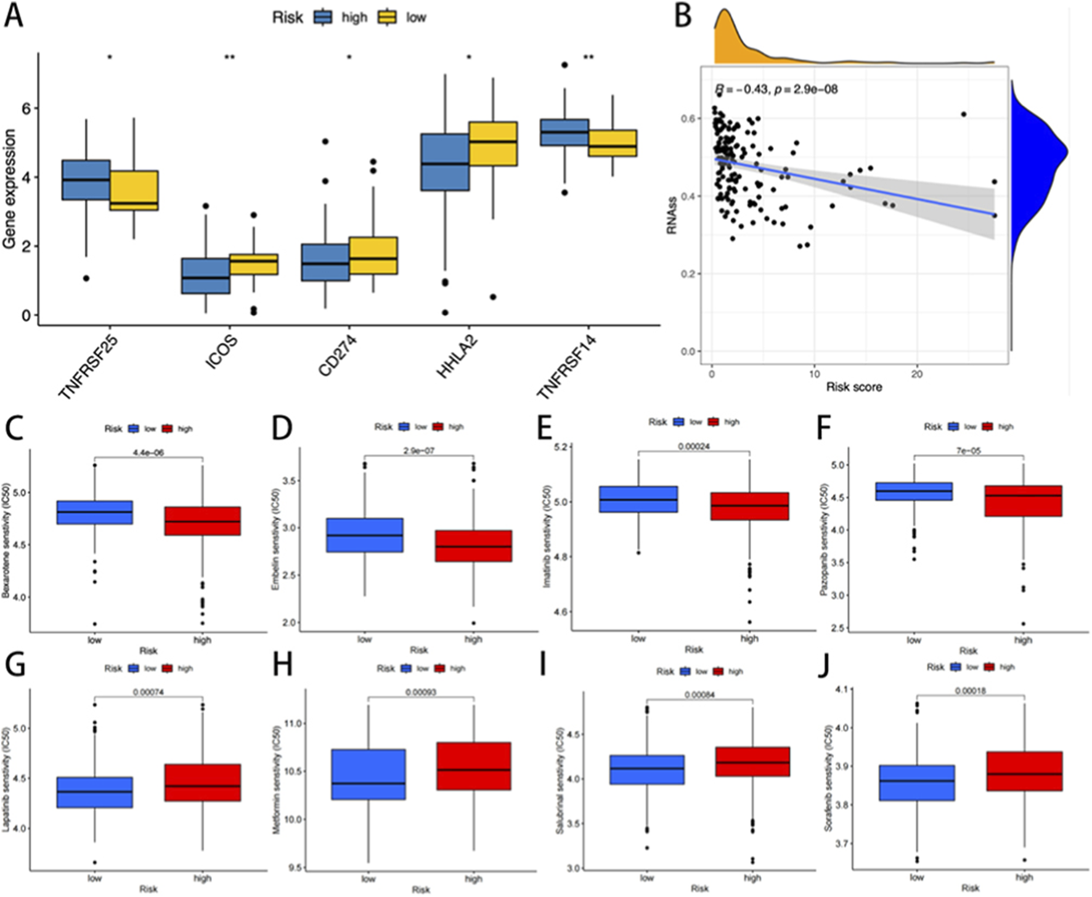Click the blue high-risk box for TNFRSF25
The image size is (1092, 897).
pyautogui.click(x=86, y=179)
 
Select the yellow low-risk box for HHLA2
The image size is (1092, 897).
pyautogui.click(x=492, y=144)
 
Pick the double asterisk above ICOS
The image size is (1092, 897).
pyautogui.click(x=229, y=58)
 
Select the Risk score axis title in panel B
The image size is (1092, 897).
pyautogui.click(x=854, y=388)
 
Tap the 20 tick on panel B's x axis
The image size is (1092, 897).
pyautogui.click(x=916, y=374)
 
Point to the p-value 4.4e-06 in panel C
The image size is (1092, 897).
pyautogui.click(x=149, y=452)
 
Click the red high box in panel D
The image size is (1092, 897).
pyautogui.click(x=473, y=545)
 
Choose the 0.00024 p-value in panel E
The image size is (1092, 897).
pyautogui.click(x=694, y=447)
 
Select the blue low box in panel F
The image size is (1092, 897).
pyautogui.click(x=913, y=491)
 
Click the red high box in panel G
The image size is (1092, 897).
pyautogui.click(x=202, y=782)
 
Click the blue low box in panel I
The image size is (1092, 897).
pyautogui.click(x=646, y=769)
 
